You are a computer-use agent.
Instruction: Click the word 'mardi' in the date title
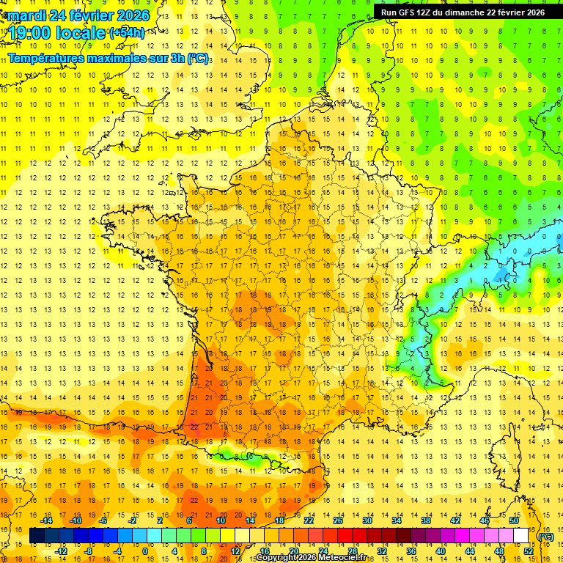23,15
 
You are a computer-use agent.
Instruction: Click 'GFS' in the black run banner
411,12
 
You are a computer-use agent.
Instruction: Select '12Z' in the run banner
431,12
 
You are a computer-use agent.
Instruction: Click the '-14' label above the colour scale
48,520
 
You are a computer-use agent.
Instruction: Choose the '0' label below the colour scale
145,551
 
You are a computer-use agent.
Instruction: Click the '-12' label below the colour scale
62,551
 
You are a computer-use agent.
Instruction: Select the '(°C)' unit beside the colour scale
545,536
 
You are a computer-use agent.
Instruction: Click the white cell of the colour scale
520,536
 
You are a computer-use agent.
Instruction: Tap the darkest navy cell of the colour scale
37,536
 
